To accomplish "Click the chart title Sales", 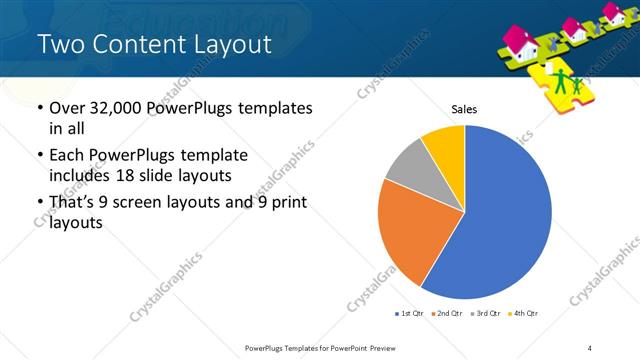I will tap(464, 108).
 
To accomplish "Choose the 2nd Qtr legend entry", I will tap(447, 314).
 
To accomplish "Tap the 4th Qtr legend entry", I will tap(523, 314).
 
